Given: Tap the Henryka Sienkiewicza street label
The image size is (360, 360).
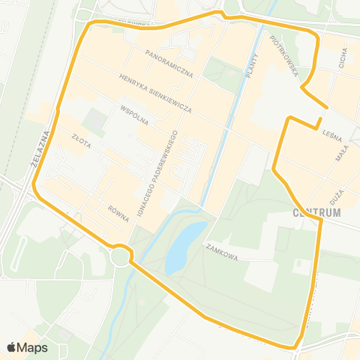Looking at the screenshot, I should (155, 94).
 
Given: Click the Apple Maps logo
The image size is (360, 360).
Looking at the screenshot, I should (27, 347).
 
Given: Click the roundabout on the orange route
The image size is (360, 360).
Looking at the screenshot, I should (120, 256).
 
